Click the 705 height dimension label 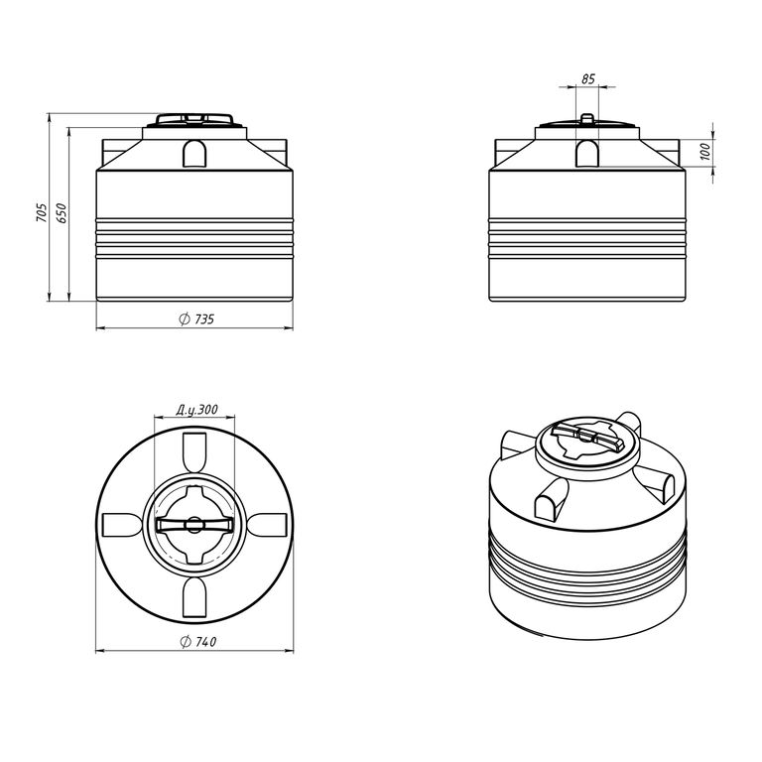click(x=42, y=213)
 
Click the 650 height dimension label click(x=62, y=213)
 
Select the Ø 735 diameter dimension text click(x=196, y=319)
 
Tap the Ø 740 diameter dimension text click(x=198, y=642)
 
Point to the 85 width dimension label click(x=588, y=78)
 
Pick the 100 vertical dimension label click(x=705, y=152)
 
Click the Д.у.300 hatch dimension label click(x=196, y=410)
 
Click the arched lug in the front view click(x=194, y=154)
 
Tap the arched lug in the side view click(x=587, y=154)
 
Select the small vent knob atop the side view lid click(x=587, y=119)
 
